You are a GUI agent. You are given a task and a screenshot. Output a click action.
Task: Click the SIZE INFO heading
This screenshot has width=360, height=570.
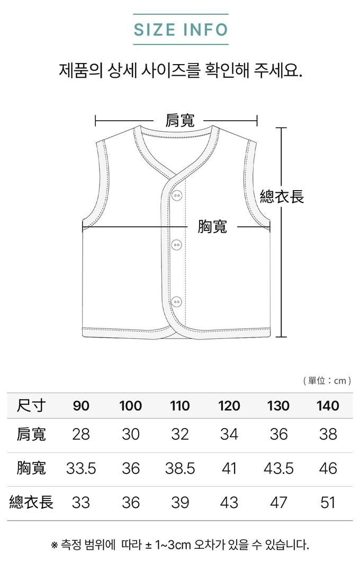coord(181,30)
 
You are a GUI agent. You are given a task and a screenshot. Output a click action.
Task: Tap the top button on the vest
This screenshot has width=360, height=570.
coord(177,195)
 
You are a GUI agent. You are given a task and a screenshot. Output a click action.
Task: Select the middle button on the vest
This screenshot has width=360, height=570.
coord(177,245)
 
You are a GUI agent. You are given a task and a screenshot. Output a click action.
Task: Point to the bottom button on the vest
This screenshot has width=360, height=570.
coord(177,301)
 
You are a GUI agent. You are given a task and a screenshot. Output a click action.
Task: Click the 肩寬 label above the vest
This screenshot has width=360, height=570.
coord(180,121)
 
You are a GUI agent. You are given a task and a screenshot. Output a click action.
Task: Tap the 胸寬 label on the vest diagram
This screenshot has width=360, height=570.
coord(212,227)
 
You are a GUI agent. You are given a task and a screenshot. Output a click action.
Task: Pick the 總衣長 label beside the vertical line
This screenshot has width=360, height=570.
coord(282,197)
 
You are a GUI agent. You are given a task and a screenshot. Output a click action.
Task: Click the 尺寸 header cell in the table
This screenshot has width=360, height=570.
coord(31,406)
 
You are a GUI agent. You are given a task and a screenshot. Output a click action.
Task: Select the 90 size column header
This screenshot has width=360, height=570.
coord(81,406)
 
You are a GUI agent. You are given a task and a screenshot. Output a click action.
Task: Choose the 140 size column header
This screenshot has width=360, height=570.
coord(328,406)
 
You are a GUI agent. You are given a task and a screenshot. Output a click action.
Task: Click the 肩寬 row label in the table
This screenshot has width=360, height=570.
coord(31,434)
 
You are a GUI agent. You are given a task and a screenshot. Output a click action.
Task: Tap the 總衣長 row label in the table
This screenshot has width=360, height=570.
coord(31,502)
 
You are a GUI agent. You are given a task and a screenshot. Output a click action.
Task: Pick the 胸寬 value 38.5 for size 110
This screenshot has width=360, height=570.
coord(180,468)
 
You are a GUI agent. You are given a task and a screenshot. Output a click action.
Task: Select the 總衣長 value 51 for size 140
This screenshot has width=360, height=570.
coord(328,502)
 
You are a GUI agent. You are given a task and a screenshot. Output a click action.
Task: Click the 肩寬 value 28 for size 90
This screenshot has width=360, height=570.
coord(81,434)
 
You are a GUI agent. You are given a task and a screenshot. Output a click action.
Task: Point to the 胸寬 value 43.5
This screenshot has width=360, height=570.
coord(278,468)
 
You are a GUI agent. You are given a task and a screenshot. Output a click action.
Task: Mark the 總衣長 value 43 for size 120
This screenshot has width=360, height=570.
coord(229,502)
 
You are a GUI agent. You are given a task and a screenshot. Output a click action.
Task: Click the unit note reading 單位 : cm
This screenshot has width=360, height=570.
coord(327,380)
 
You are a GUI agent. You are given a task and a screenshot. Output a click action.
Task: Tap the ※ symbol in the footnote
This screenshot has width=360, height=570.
coord(54,545)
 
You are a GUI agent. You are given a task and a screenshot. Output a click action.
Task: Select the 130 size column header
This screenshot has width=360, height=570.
coord(278,406)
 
